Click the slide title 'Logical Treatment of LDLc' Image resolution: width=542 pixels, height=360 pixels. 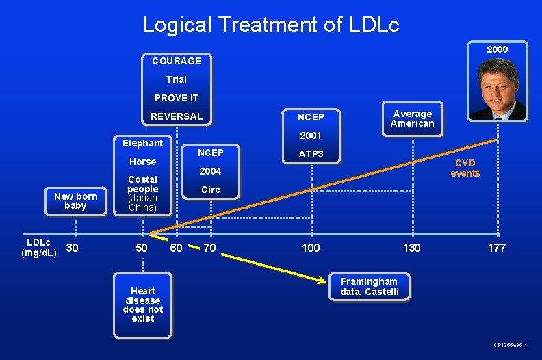(270, 25)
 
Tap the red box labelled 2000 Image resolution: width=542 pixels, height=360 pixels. (497, 50)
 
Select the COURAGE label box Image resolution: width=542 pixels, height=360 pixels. (177, 61)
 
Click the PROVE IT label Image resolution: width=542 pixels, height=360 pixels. (177, 98)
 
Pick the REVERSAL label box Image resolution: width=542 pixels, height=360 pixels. (177, 116)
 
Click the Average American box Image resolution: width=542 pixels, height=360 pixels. (412, 118)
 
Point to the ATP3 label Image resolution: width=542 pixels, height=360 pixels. (311, 154)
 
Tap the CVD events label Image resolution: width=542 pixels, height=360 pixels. (465, 168)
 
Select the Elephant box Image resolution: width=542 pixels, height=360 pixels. (142, 143)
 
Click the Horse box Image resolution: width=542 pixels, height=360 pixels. (142, 162)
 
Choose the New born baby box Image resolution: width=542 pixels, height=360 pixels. (75, 201)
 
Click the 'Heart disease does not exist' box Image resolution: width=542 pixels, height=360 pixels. (143, 305)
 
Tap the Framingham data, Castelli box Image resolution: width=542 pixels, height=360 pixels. (369, 287)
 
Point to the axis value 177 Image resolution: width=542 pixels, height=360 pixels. (497, 248)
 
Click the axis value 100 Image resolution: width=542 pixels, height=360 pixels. (311, 248)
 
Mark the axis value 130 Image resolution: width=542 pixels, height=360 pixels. (411, 248)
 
